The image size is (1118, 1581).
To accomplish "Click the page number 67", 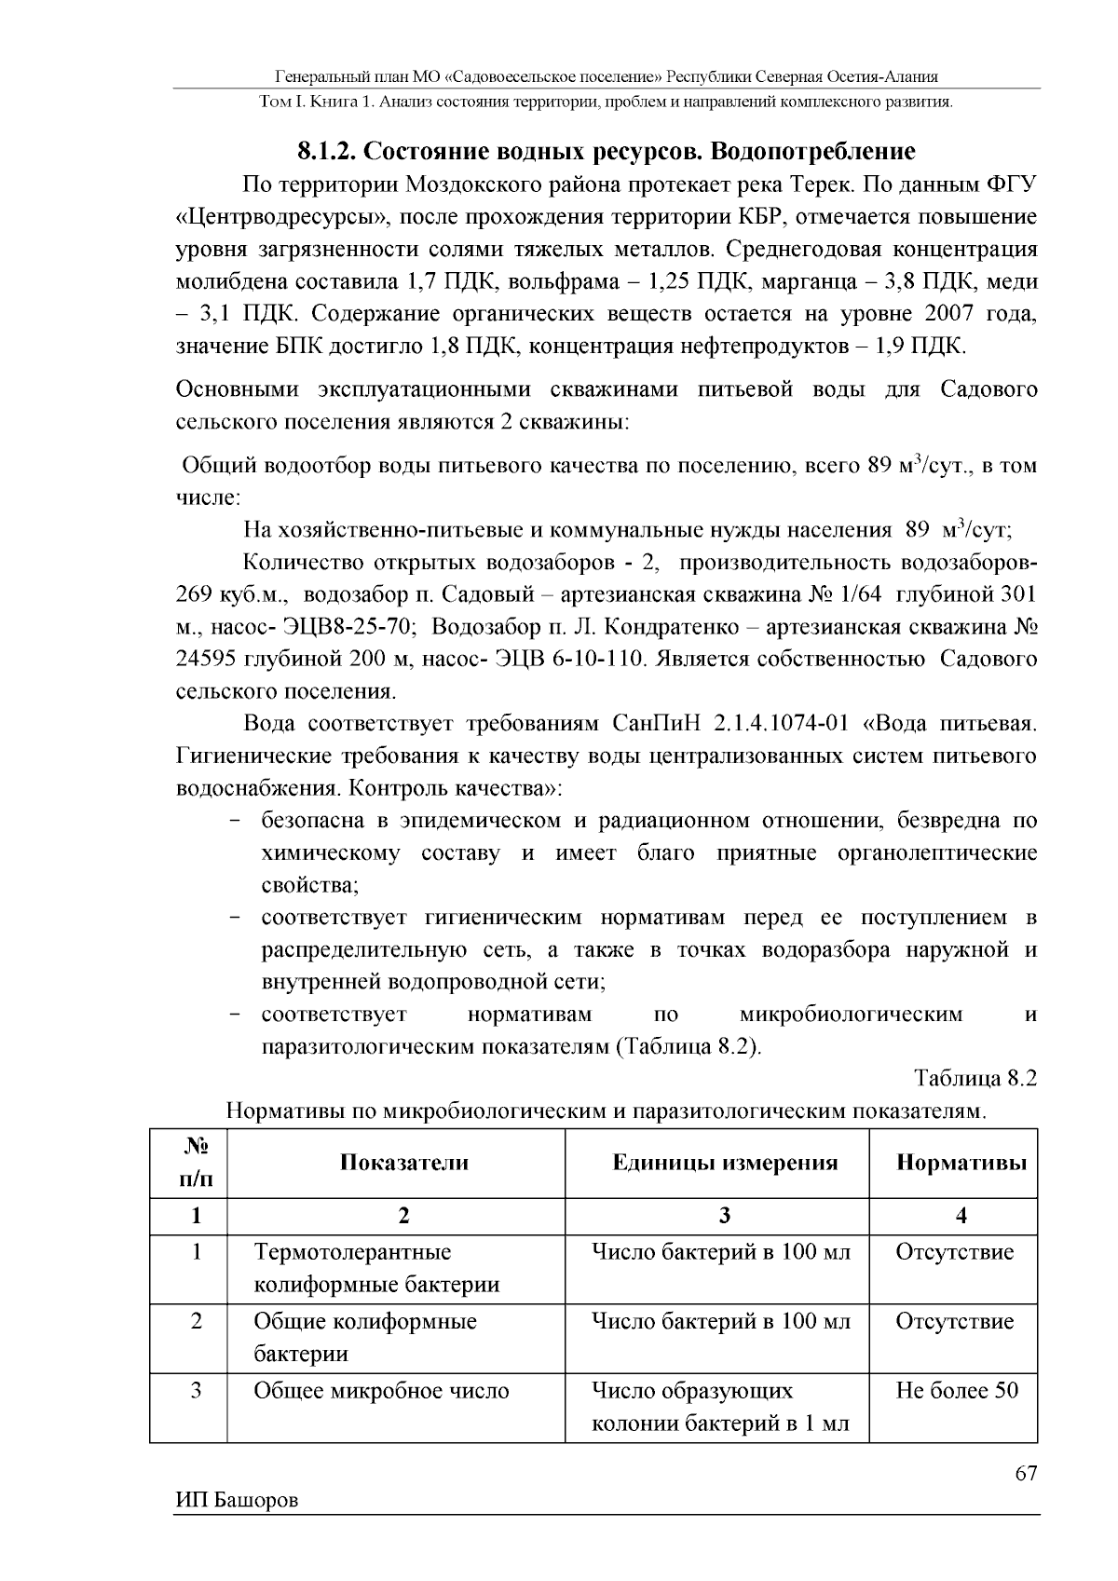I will coord(1025,1473).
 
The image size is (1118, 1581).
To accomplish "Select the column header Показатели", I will coord(403,1162).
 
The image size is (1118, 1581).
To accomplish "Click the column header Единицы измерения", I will coord(725,1162).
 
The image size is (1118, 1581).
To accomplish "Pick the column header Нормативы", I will coord(961,1162).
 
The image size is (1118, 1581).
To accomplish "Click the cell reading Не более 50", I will coord(957,1391).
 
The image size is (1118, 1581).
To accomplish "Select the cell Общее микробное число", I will coord(381,1391).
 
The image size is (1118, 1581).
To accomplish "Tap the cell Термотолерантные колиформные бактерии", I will coord(376,1268).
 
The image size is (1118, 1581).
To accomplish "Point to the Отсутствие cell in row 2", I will coord(954,1321).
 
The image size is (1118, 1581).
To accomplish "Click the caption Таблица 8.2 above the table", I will coord(975,1079).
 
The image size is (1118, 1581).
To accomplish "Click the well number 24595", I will coord(206,660).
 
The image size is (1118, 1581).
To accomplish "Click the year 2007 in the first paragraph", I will coord(952,314).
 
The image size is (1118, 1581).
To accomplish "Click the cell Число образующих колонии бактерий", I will coord(720,1408).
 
